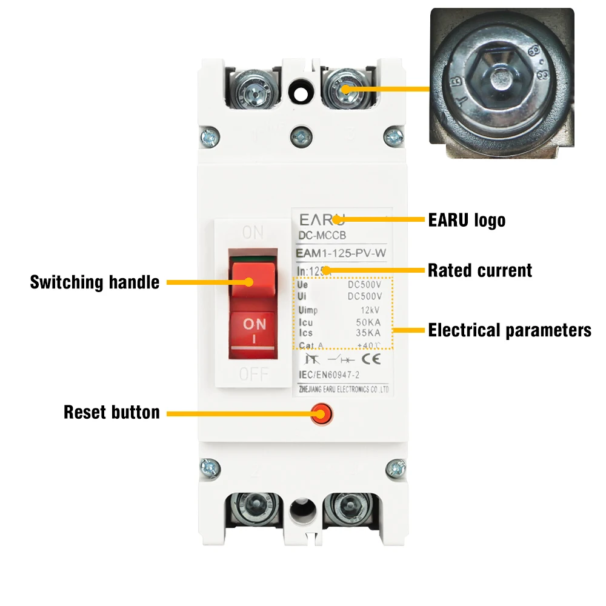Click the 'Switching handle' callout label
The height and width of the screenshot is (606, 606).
(x=95, y=282)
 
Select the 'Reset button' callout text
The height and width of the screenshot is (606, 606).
(x=112, y=413)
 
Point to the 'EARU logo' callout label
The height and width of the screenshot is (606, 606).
(x=467, y=219)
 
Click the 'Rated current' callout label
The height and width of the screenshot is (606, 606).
(x=480, y=270)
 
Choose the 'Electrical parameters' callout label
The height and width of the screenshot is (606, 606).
(x=509, y=330)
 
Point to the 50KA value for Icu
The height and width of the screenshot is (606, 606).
(x=370, y=323)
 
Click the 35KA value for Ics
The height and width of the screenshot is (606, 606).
(x=370, y=333)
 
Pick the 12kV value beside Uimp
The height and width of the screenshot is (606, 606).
(x=371, y=310)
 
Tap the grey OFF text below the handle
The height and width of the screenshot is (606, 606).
(x=253, y=374)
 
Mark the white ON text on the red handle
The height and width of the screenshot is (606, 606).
(x=254, y=325)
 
